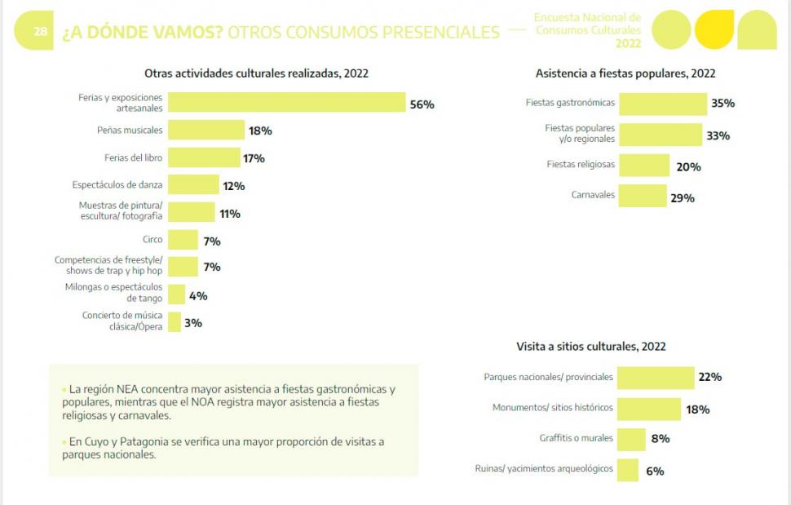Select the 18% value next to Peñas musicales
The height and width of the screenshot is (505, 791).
[x=260, y=131]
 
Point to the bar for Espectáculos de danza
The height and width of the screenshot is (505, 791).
[x=193, y=185]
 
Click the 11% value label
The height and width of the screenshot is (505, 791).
[x=229, y=214]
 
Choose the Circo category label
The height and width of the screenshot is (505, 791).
[x=152, y=240]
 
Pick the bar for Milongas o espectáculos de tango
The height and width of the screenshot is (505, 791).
[x=176, y=295]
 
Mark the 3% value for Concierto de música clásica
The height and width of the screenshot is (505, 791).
[x=192, y=323]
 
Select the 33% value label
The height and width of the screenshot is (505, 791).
[x=718, y=135]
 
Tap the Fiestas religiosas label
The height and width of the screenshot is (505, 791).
[x=581, y=165]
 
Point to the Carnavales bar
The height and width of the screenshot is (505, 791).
[x=643, y=196]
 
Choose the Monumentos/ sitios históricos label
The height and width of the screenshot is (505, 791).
[x=552, y=407]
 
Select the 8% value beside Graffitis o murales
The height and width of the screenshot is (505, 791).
[x=660, y=438]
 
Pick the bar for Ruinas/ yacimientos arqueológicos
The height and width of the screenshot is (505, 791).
[x=628, y=470]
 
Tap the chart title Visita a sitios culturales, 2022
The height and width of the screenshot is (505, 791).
[x=590, y=346]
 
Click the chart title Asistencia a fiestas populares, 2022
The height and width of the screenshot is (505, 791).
[x=625, y=73]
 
